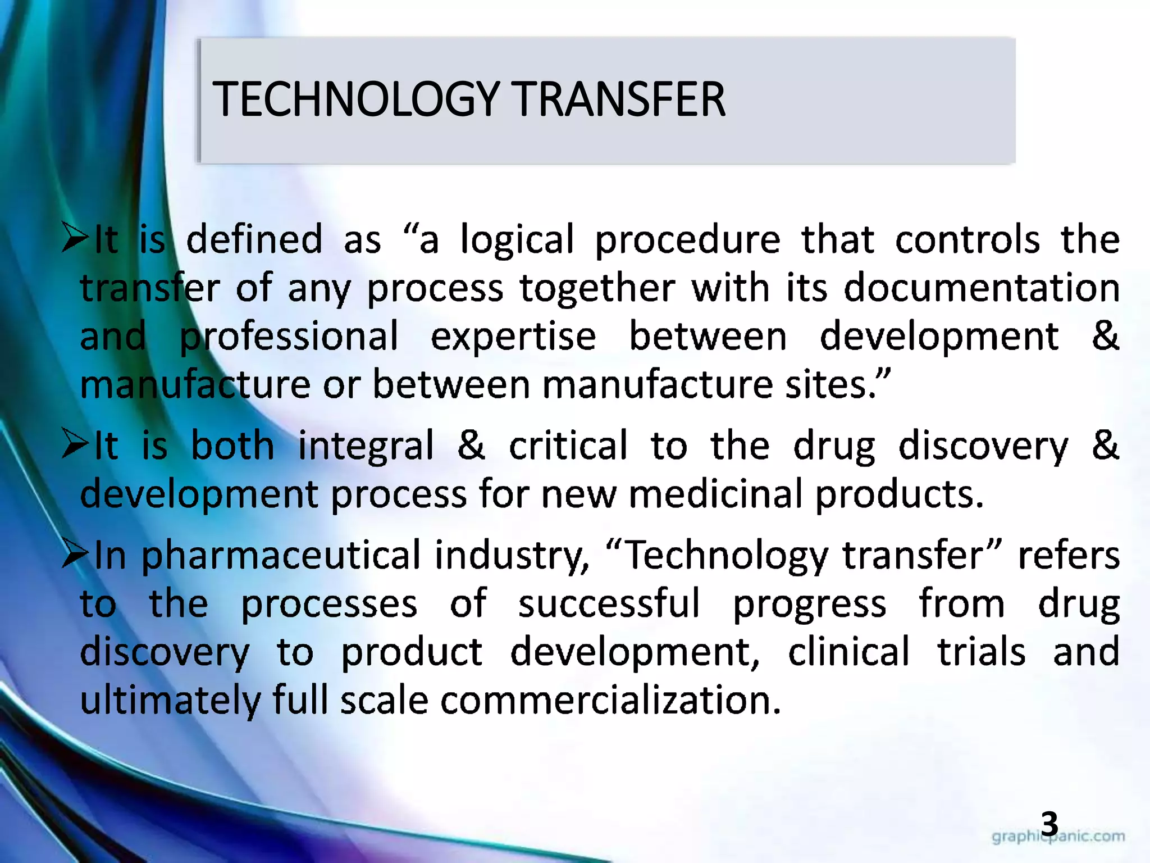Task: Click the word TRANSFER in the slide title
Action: pyautogui.click(x=618, y=99)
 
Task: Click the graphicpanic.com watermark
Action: pyautogui.click(x=1058, y=837)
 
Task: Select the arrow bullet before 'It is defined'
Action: pyautogui.click(x=75, y=238)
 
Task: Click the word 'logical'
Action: pyautogui.click(x=517, y=240)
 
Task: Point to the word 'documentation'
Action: pyautogui.click(x=982, y=288)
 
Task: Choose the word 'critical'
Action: pyautogui.click(x=568, y=446)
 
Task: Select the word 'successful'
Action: pyautogui.click(x=609, y=603)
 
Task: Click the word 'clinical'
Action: pyautogui.click(x=848, y=652)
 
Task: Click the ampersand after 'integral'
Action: pyautogui.click(x=471, y=445)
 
